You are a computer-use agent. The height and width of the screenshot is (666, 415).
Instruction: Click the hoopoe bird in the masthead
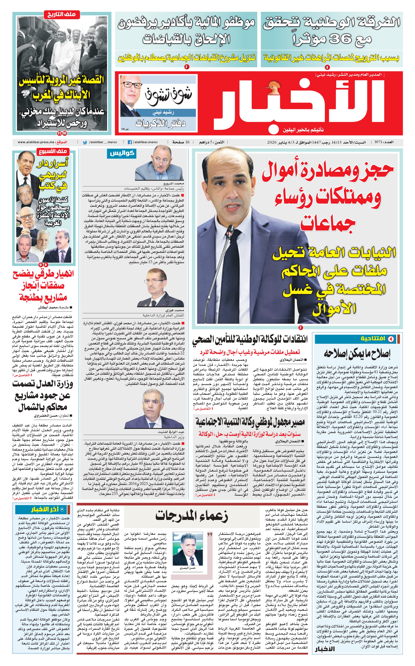tap(272, 86)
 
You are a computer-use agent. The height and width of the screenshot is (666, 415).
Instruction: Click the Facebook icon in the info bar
tap(130, 142)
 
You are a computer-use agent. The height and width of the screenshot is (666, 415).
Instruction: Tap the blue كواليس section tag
tap(122, 153)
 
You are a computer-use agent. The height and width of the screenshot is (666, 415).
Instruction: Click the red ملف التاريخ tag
tap(62, 14)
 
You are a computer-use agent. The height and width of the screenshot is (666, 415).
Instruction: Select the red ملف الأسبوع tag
tap(53, 151)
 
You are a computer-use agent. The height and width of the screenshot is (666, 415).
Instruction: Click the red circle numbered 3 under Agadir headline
tap(187, 67)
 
